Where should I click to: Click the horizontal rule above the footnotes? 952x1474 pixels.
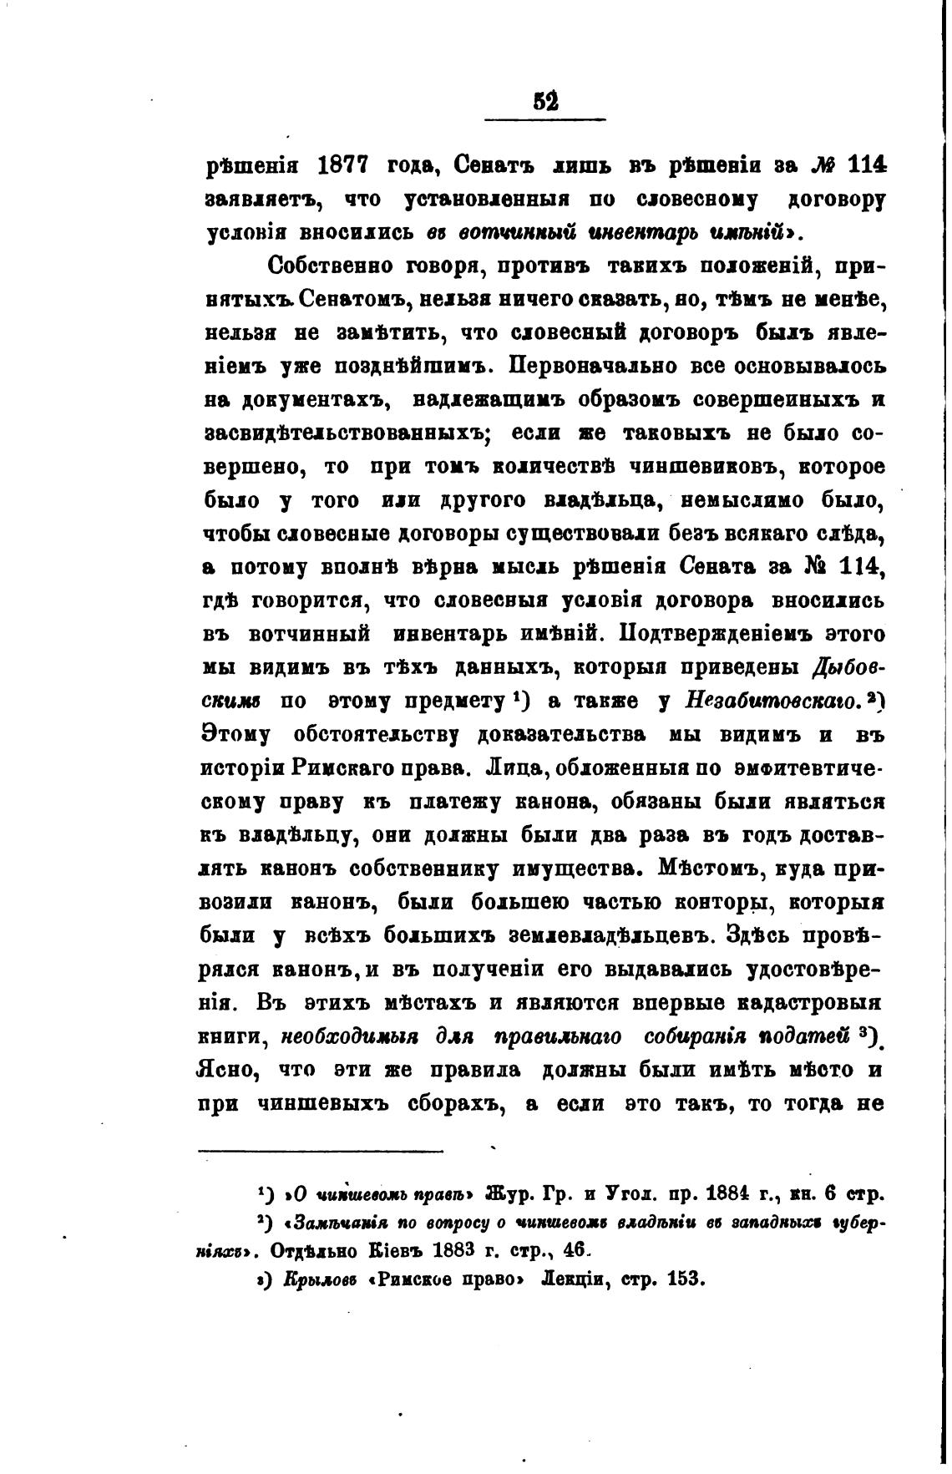(322, 1152)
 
